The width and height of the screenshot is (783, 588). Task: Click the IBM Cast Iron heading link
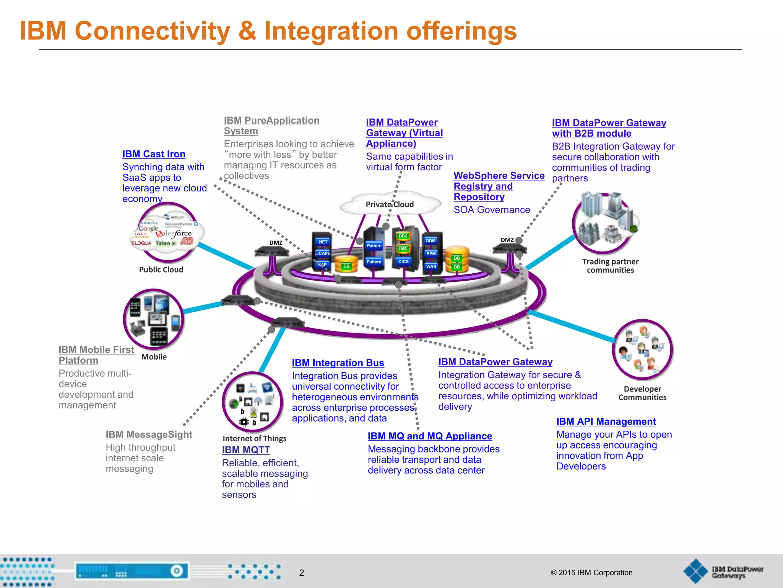pyautogui.click(x=154, y=154)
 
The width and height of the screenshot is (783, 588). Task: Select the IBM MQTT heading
pyautogui.click(x=246, y=450)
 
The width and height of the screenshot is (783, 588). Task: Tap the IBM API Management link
pyautogui.click(x=606, y=421)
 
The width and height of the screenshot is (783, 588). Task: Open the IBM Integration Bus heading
pyautogui.click(x=338, y=363)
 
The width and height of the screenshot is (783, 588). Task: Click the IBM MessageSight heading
pyautogui.click(x=149, y=434)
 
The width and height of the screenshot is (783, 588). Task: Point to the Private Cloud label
pyautogui.click(x=390, y=204)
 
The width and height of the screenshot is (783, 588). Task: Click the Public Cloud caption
pyautogui.click(x=161, y=269)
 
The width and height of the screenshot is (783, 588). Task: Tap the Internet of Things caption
pyautogui.click(x=254, y=438)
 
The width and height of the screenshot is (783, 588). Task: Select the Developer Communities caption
pyautogui.click(x=642, y=393)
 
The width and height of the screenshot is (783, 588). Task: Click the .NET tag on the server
pyautogui.click(x=323, y=242)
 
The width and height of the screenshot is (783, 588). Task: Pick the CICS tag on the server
pyautogui.click(x=403, y=262)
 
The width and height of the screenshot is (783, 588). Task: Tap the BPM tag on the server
pyautogui.click(x=431, y=254)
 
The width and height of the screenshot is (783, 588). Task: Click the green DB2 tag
pyautogui.click(x=403, y=236)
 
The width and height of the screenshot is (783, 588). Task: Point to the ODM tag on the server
pyautogui.click(x=430, y=241)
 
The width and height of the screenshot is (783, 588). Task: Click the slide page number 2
pyautogui.click(x=302, y=573)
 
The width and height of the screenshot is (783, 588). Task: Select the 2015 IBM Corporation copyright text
pyautogui.click(x=591, y=573)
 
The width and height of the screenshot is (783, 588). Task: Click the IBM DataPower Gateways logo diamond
pyautogui.click(x=695, y=571)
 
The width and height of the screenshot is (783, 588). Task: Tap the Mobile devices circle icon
pyautogui.click(x=154, y=319)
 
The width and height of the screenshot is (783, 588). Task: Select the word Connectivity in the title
pyautogui.click(x=153, y=31)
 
